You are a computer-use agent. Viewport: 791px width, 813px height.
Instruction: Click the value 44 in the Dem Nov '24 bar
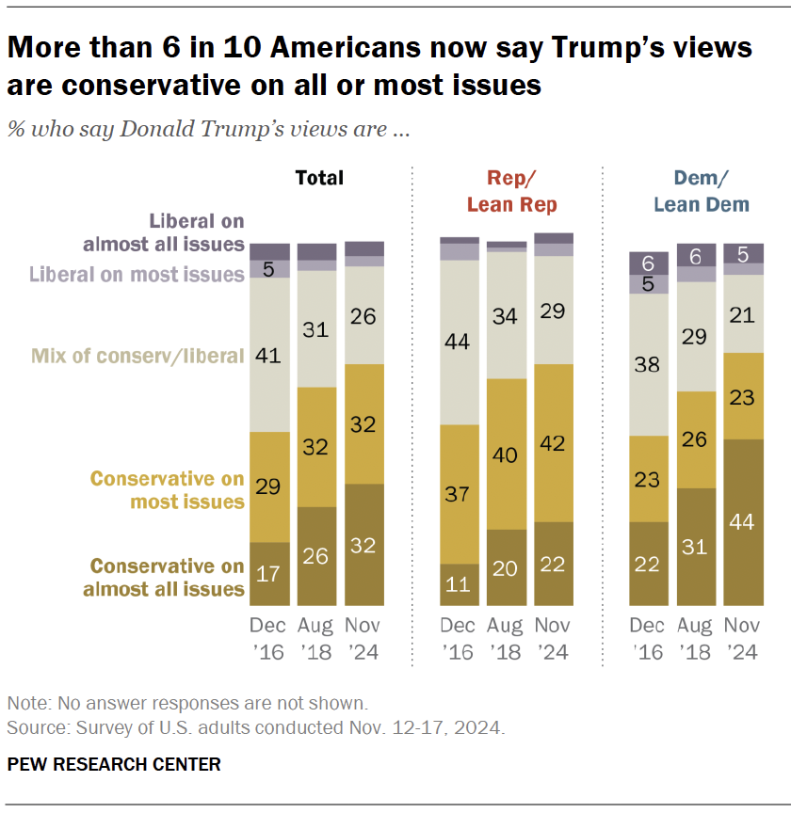(743, 522)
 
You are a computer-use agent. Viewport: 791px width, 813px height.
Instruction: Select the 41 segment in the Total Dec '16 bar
(269, 356)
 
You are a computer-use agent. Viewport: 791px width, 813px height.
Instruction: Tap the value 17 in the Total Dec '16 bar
(269, 573)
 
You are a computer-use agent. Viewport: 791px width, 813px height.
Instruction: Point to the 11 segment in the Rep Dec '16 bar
(460, 584)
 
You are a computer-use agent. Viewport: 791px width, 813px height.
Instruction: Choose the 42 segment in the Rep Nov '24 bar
(553, 442)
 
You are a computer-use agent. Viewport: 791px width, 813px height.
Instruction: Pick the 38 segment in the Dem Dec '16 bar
(649, 364)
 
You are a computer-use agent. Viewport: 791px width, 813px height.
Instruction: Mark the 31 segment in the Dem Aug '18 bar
(696, 547)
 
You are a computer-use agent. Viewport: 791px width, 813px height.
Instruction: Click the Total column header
(319, 178)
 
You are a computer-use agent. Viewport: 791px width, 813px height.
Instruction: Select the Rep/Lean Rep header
(508, 191)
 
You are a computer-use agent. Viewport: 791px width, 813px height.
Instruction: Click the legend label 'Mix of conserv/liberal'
(137, 356)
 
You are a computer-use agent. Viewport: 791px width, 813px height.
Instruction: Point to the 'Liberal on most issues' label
(137, 275)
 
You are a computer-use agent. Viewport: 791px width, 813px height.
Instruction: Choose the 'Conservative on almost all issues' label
(167, 578)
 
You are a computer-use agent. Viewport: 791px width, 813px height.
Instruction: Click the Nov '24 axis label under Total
(363, 639)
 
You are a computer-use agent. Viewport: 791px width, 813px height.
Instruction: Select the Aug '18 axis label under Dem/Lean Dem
(696, 639)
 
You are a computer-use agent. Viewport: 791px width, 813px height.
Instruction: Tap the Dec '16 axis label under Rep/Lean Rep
(460, 639)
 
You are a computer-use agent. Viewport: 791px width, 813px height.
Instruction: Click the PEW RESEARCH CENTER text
(114, 764)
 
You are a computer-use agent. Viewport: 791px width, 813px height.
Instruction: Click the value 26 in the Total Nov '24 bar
(363, 315)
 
